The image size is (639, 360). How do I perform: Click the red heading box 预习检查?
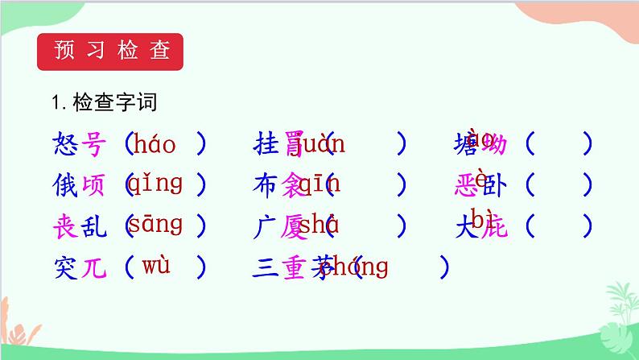[x=111, y=51]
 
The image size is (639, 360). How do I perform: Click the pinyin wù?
[x=155, y=263]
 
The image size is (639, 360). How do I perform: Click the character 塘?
[x=467, y=146]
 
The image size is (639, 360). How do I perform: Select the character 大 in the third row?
[x=467, y=226]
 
